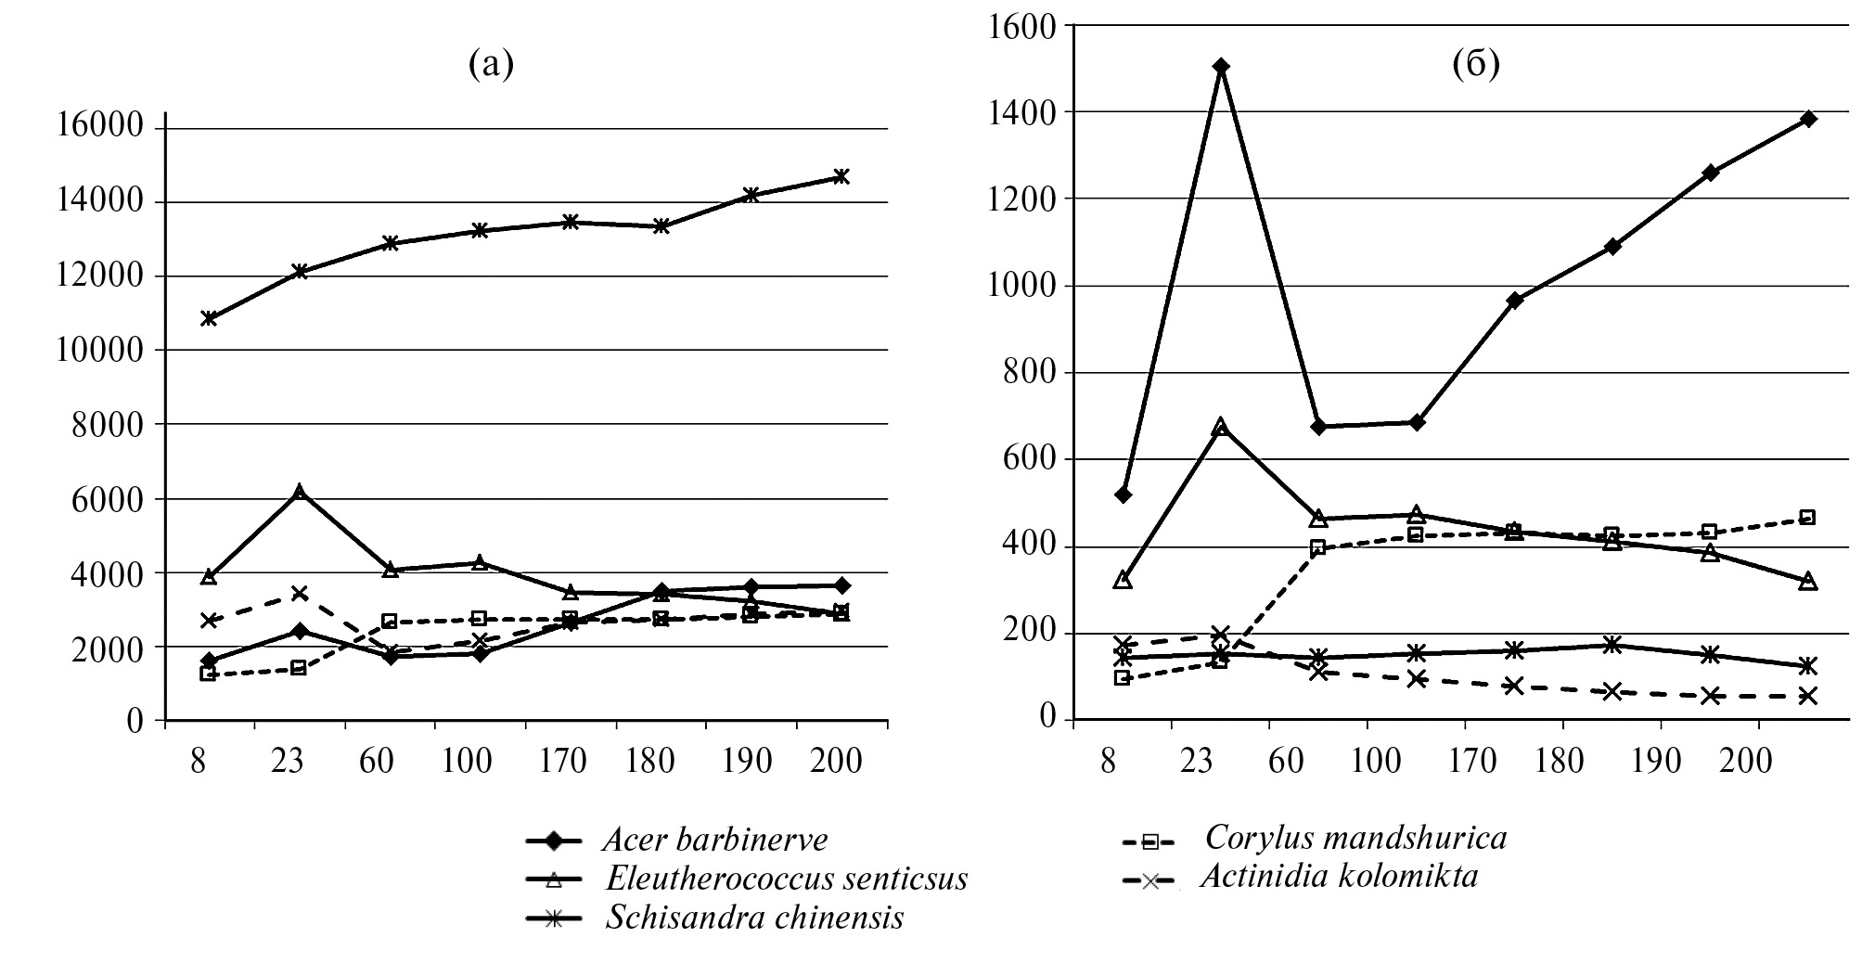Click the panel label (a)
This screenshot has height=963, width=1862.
pyautogui.click(x=491, y=64)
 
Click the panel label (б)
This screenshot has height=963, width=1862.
pyautogui.click(x=1476, y=64)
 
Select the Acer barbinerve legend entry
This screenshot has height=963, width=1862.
pyautogui.click(x=714, y=841)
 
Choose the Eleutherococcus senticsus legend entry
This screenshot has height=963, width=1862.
pyautogui.click(x=786, y=879)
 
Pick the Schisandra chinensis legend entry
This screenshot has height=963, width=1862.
pyautogui.click(x=753, y=918)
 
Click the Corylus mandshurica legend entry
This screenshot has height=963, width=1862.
pyautogui.click(x=1355, y=839)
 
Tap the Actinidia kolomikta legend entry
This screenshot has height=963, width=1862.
pyautogui.click(x=1339, y=877)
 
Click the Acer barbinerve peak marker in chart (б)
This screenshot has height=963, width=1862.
pyautogui.click(x=1221, y=67)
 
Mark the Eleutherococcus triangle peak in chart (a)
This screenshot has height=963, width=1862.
pyautogui.click(x=299, y=492)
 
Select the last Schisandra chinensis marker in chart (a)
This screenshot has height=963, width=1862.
pyautogui.click(x=841, y=176)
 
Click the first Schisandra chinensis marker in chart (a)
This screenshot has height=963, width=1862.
pyautogui.click(x=209, y=318)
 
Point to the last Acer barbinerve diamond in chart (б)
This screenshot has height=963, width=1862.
pyautogui.click(x=1807, y=119)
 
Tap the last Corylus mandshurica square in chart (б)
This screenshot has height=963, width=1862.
pyautogui.click(x=1807, y=517)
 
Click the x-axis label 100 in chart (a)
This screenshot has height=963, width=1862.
pyautogui.click(x=467, y=762)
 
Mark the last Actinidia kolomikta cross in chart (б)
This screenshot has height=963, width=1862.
pyautogui.click(x=1807, y=696)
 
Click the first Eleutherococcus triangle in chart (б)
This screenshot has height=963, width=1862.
pyautogui.click(x=1123, y=580)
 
